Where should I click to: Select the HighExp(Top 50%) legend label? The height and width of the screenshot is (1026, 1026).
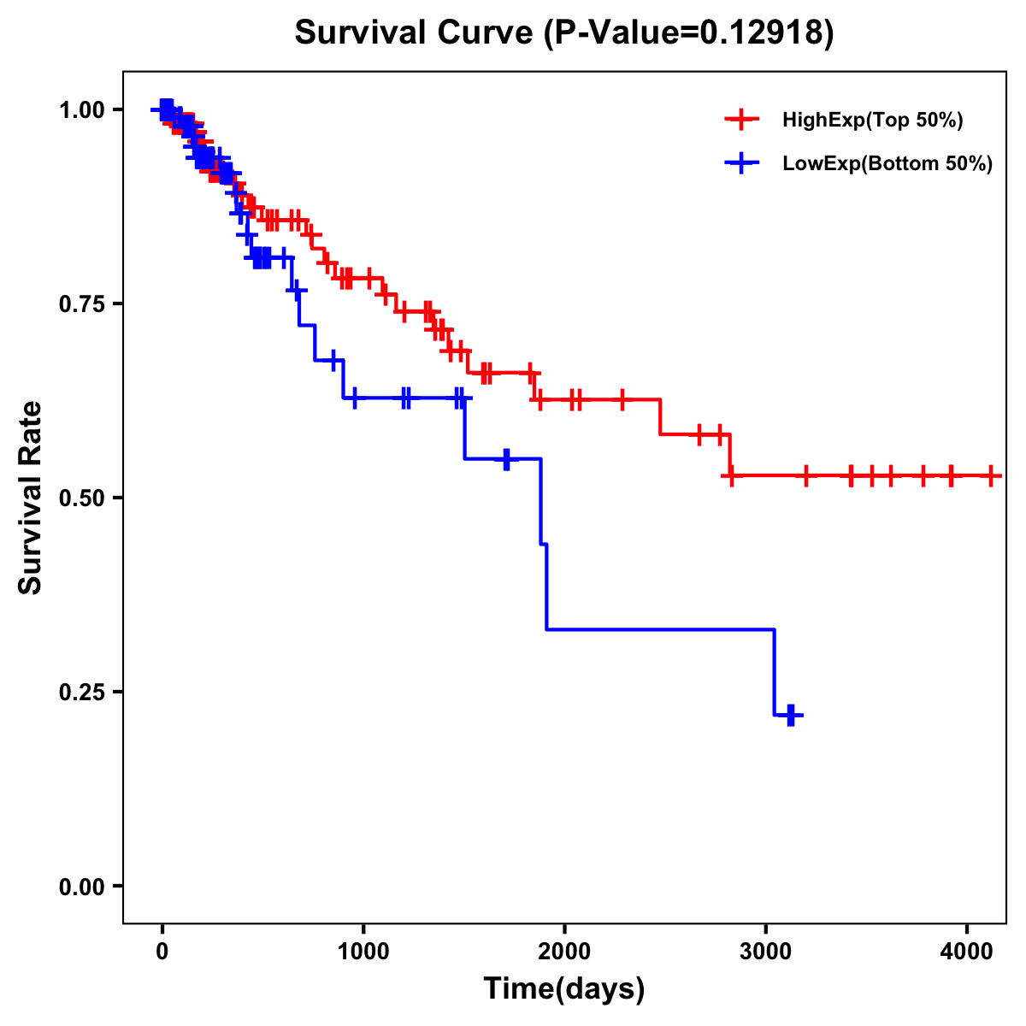pos(872,121)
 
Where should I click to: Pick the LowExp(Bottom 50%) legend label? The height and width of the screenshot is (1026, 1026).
pos(887,164)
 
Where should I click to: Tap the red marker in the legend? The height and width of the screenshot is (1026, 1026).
pos(741,120)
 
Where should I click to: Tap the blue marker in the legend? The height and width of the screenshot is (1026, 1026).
pos(741,163)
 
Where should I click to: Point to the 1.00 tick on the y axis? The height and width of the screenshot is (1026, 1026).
pos(81,109)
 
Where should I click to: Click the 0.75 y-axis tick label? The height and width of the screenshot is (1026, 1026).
pos(81,304)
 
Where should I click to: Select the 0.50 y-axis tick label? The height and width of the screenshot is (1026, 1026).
pos(81,498)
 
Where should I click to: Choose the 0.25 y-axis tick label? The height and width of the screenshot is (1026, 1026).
pos(81,692)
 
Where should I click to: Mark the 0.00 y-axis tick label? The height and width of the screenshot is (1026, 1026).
pos(81,886)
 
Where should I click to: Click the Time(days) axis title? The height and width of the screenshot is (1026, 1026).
pos(564,989)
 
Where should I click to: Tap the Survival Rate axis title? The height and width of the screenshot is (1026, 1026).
pos(31,497)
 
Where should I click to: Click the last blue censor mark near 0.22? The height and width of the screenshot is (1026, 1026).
pos(791,715)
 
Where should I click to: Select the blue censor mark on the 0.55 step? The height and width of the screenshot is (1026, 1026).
pos(506,459)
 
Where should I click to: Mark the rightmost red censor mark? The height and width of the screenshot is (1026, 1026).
pos(990,475)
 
